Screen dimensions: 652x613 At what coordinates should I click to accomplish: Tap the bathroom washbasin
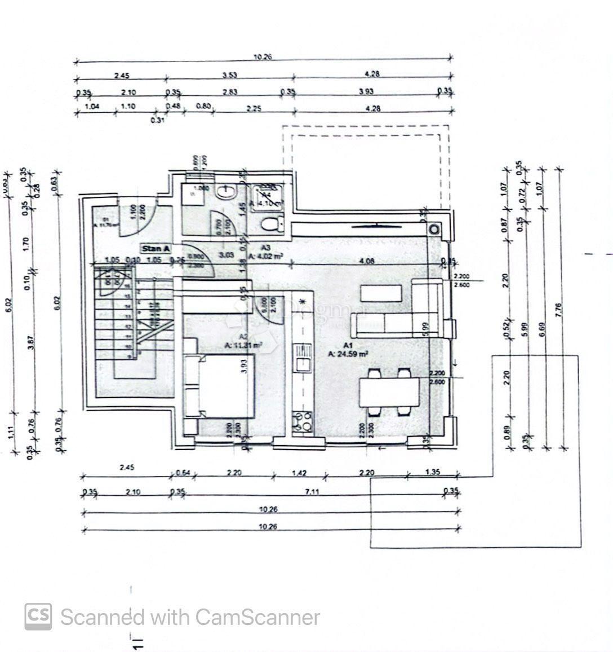coord(228,192)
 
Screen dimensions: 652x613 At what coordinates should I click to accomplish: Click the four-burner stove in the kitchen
coord(303,421)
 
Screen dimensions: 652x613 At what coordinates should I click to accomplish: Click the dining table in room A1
coord(389,392)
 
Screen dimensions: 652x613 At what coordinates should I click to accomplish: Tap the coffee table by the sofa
coord(381,293)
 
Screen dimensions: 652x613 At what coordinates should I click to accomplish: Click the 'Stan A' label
coord(156,248)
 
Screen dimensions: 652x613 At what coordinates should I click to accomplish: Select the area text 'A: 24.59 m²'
coord(348,354)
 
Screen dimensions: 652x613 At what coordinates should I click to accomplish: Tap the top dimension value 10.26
coord(263,56)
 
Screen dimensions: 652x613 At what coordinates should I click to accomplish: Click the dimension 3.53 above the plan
coord(229,74)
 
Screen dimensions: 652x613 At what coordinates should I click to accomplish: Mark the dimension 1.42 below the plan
coord(299,473)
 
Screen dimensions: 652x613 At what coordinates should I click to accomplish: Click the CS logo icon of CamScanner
coord(38,616)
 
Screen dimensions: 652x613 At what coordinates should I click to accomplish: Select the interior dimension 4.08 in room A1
coord(367,261)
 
